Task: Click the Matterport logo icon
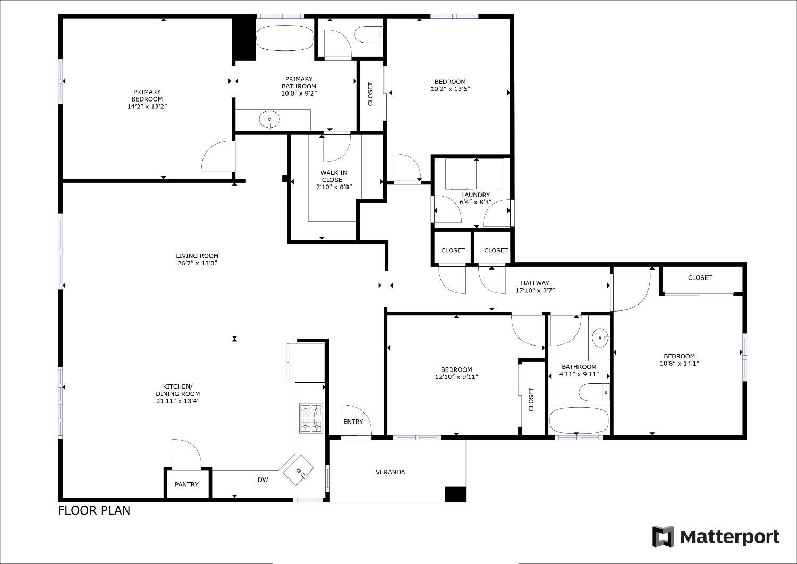point(663,537)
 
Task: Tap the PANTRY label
point(186,484)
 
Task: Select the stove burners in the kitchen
point(311,418)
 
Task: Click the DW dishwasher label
point(263,480)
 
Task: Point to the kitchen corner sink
point(299,471)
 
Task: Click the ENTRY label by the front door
point(353,422)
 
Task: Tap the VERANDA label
point(391,472)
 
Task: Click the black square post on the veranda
point(455,494)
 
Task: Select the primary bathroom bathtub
point(285,39)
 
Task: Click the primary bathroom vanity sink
point(270,120)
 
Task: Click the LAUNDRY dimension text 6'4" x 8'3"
point(476,202)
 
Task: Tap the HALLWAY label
point(535,283)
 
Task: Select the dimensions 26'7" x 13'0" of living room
point(197,263)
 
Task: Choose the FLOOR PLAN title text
point(94,510)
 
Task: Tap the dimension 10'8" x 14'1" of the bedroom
point(679,364)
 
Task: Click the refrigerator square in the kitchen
point(306,362)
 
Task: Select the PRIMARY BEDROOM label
point(147,96)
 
